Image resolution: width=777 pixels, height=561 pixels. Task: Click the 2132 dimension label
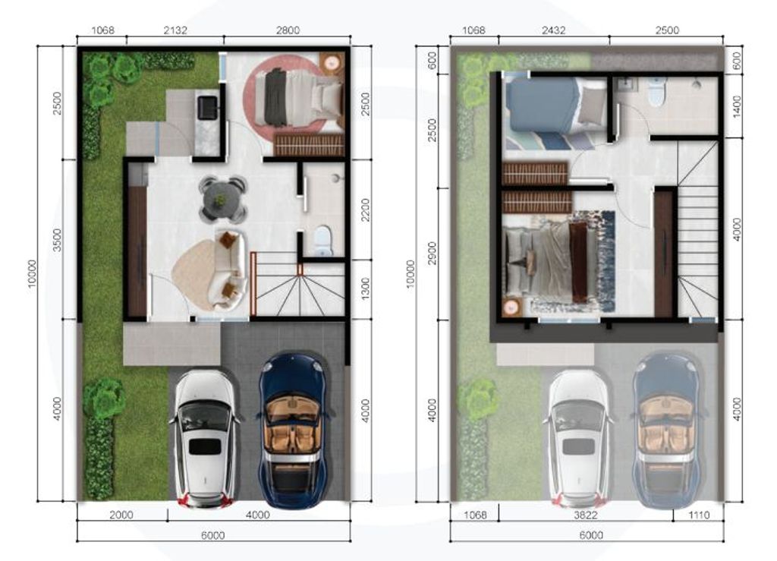(x=175, y=30)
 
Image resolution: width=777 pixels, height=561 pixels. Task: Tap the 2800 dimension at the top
(x=288, y=30)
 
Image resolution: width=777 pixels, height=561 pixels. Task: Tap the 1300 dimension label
(x=365, y=288)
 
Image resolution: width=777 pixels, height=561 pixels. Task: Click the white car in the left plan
(x=204, y=437)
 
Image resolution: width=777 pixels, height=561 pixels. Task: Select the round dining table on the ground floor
(x=222, y=199)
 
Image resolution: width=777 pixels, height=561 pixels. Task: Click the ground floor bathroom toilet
(x=323, y=240)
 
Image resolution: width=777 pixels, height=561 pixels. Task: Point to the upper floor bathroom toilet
(x=656, y=93)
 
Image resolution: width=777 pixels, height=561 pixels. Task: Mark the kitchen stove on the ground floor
(x=206, y=108)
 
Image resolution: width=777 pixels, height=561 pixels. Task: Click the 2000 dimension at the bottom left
(x=121, y=515)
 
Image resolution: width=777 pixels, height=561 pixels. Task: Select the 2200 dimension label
(x=365, y=209)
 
